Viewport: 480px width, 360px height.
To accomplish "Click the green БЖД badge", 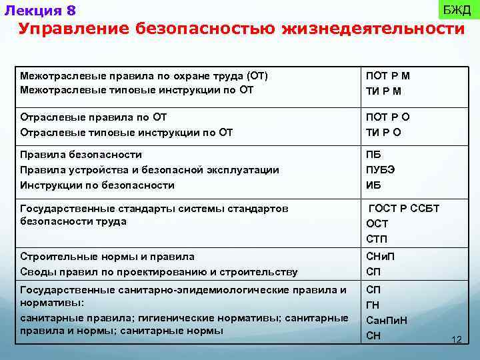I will pos(457,9).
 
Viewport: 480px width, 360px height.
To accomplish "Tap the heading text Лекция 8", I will pos(40,11).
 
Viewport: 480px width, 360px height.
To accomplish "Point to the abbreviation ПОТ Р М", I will pos(388,76).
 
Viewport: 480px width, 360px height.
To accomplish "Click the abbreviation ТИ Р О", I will pos(383,132).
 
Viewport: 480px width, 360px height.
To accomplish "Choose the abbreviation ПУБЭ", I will pos(381,169).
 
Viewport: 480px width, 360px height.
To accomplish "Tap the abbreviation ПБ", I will pos(373,155).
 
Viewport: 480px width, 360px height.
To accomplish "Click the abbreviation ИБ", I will pos(373,185).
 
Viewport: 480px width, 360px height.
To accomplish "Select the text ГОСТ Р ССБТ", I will pos(404,209).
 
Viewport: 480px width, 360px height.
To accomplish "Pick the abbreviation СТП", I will pos(377,239).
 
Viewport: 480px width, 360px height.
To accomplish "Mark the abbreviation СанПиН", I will pos(387,320).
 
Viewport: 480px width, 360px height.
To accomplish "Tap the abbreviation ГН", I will pos(373,305).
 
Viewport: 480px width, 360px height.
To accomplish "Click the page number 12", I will pos(457,340).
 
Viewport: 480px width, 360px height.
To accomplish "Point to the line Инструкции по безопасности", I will pos(97,185).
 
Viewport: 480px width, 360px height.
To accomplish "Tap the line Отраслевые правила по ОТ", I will pos(93,117).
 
